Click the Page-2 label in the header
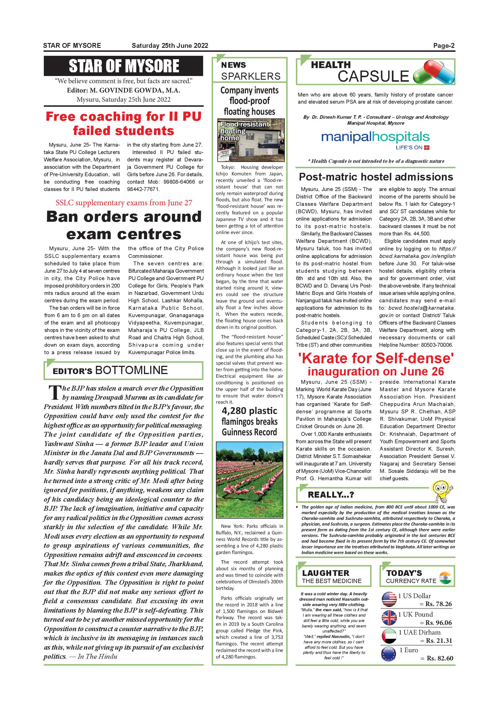point(444,46)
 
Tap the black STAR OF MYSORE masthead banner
point(123,66)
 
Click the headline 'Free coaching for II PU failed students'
point(123,124)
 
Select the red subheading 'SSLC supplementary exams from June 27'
point(124,203)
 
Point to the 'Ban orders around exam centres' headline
point(124,225)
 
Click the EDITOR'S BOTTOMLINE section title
point(110,370)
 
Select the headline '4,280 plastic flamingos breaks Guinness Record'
point(250,421)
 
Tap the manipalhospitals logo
point(375,137)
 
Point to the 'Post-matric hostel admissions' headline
point(376,177)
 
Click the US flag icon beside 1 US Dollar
point(389,599)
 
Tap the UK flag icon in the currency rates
point(389,618)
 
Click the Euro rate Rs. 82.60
point(440,658)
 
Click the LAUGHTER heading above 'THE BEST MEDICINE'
point(326,573)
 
